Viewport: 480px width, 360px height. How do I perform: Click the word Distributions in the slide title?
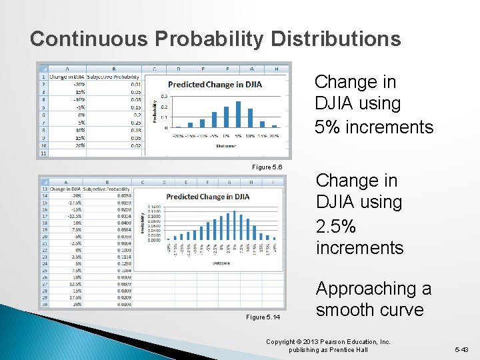[x=335, y=39]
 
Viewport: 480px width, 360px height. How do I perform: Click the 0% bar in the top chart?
[x=226, y=117]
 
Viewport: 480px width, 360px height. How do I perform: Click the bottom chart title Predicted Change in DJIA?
[x=208, y=197]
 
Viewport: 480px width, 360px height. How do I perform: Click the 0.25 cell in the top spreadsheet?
[x=135, y=122]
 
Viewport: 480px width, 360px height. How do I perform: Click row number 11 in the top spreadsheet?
[x=43, y=153]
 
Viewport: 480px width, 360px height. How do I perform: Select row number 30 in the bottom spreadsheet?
[x=44, y=303]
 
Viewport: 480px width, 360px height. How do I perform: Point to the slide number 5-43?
[x=461, y=349]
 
